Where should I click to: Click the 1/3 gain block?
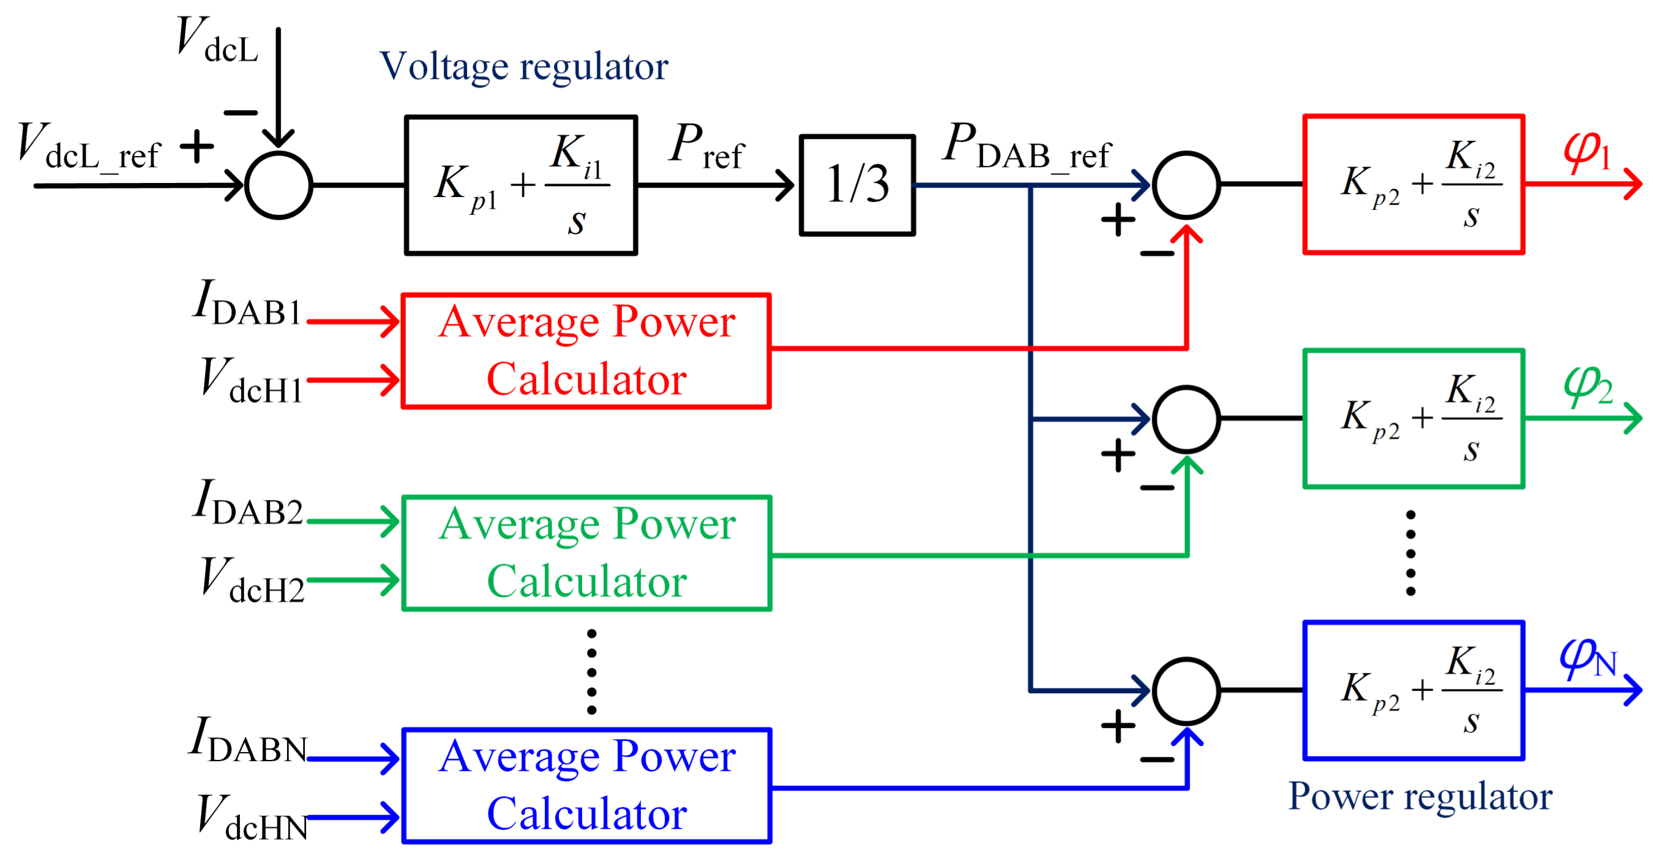857,185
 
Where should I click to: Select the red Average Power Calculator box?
586,351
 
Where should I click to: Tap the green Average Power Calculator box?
586,553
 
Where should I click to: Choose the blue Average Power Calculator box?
586,785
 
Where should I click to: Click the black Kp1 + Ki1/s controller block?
520,185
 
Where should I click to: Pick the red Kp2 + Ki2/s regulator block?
1414,184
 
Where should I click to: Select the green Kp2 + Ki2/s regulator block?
1414,419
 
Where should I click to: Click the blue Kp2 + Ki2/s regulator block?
1414,690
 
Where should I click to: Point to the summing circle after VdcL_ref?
279,185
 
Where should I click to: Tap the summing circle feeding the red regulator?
1186,185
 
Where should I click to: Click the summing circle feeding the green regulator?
1186,419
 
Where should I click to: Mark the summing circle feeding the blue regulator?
1186,691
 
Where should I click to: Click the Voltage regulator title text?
524,67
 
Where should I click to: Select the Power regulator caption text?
1420,797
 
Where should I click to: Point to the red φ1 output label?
1586,152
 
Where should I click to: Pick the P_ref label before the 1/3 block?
706,146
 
